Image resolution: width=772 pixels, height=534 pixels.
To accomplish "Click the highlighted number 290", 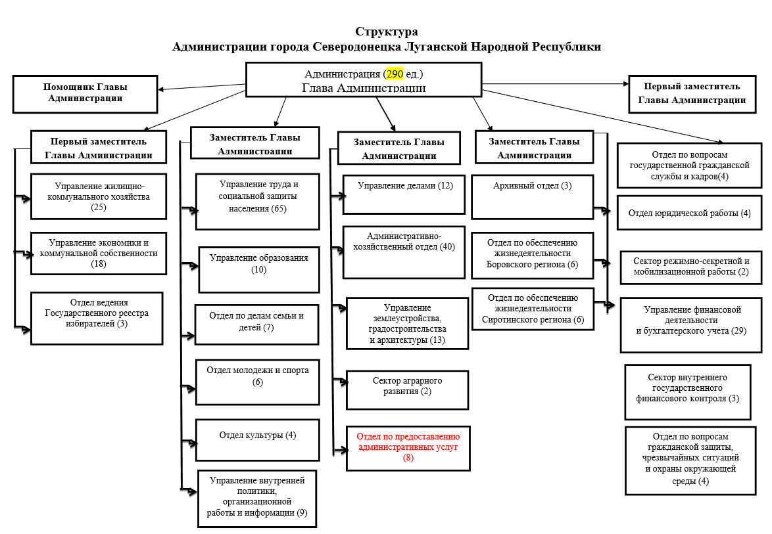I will (395, 74).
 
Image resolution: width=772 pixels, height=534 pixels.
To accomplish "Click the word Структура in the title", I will (386, 32).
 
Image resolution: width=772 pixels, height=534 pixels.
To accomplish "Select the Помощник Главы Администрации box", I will (85, 93).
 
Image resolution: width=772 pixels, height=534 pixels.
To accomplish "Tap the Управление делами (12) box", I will (404, 194).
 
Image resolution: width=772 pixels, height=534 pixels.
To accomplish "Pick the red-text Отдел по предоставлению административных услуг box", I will (408, 447).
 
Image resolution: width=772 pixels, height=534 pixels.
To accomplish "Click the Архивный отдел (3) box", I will (532, 196).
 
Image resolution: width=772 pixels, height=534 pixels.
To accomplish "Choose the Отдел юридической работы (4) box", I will (689, 213).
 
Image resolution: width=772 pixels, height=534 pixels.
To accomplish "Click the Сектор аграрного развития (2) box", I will (407, 390).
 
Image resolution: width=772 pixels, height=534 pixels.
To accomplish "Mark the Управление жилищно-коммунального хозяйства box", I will (99, 196).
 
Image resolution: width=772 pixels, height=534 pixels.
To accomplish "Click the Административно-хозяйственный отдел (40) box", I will (404, 252).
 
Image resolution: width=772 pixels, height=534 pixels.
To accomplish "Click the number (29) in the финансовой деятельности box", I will (738, 330).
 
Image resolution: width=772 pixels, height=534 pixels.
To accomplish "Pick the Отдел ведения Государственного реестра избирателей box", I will (97, 318).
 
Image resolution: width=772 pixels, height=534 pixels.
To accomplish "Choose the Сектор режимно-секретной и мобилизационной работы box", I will (690, 266).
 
